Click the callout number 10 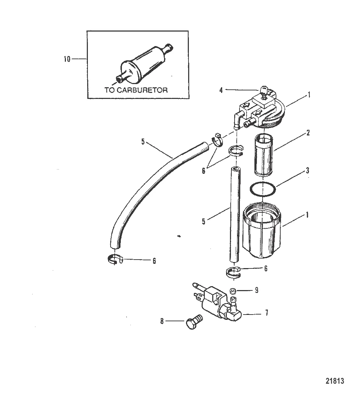click(67, 59)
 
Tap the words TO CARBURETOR click(136, 90)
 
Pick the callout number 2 click(308, 133)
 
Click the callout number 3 click(307, 171)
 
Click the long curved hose click(149, 184)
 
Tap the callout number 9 click(257, 290)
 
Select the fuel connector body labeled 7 click(216, 304)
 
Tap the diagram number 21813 click(334, 381)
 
